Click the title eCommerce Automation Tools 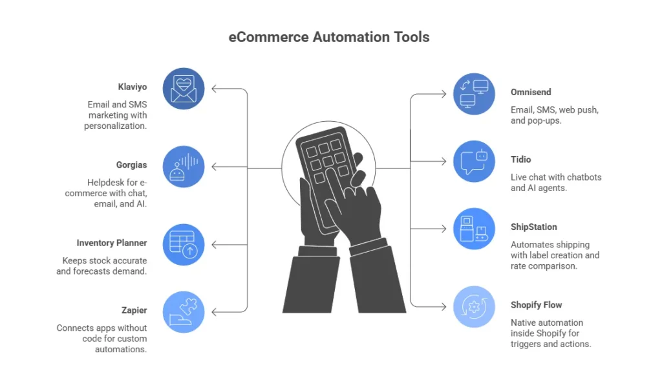329,37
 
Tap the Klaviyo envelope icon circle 184,89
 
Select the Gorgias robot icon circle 184,166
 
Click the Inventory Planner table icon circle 184,245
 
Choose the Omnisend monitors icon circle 474,94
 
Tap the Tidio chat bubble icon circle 474,161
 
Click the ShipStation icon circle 474,229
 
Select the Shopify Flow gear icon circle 474,306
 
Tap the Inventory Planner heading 112,243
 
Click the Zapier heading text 134,310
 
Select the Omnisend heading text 531,92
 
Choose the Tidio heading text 521,159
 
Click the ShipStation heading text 534,227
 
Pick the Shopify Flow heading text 537,305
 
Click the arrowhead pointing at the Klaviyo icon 215,89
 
